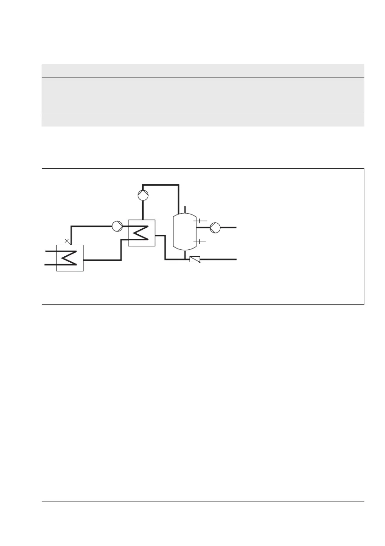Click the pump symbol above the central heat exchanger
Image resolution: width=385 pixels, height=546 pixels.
(x=144, y=195)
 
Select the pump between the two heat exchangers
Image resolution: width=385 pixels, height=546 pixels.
(x=117, y=226)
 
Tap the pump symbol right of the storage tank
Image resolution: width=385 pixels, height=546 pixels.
(x=215, y=226)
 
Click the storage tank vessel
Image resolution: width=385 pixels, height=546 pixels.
(x=184, y=231)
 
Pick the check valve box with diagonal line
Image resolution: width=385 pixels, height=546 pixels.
(x=195, y=259)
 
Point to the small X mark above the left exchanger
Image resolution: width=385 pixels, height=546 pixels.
(x=67, y=241)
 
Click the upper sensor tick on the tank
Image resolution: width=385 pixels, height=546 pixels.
(x=200, y=221)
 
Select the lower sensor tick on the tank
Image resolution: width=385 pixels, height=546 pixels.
(x=200, y=241)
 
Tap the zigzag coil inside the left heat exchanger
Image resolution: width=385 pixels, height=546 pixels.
(x=69, y=258)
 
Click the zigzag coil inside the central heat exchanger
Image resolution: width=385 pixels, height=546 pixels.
(x=141, y=233)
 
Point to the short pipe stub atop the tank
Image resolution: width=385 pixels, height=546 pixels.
(x=184, y=210)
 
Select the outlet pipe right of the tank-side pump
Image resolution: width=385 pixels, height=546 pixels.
(x=229, y=226)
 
